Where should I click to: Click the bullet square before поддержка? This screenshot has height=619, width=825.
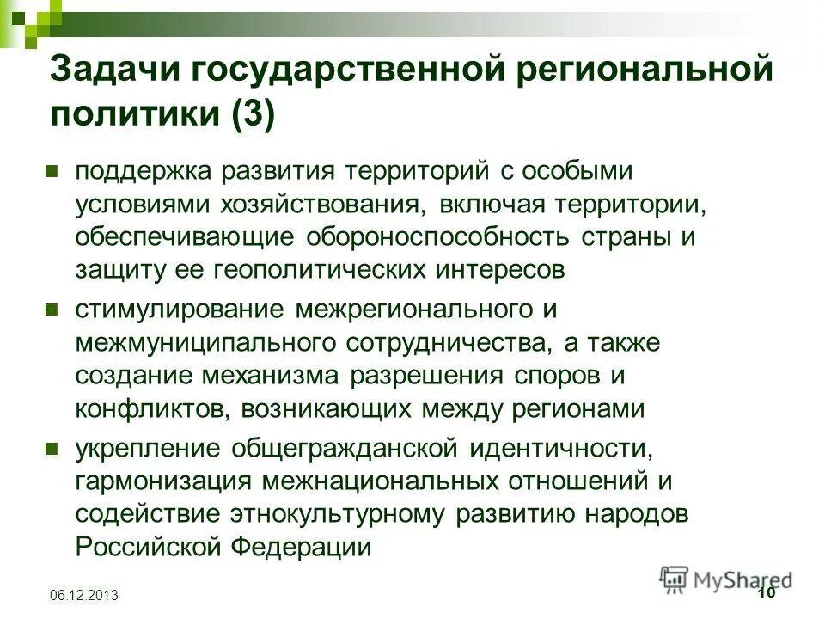point(52,170)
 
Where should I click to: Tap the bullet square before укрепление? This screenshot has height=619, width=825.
point(52,449)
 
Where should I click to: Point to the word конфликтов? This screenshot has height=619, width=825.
point(151,408)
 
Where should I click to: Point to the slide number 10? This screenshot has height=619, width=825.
point(767,593)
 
